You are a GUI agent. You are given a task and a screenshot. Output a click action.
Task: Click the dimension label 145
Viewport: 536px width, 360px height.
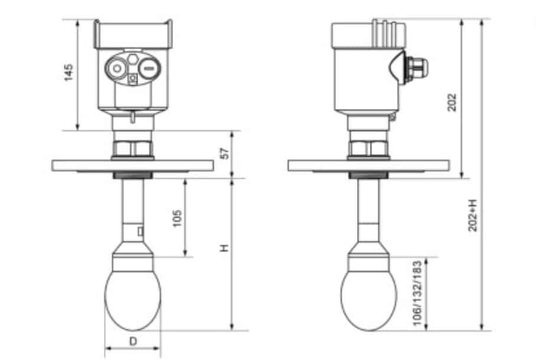click(x=70, y=73)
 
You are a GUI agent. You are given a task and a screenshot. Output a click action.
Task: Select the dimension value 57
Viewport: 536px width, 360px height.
click(x=223, y=153)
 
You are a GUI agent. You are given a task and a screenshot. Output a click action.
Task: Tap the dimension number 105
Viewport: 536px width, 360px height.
click(x=177, y=218)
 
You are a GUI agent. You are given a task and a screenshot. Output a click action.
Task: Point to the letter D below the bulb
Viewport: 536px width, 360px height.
click(x=133, y=341)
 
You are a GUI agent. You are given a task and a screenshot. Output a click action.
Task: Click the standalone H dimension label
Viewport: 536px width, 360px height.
click(x=224, y=249)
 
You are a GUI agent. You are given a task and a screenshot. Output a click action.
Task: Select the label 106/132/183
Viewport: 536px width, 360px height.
click(x=418, y=293)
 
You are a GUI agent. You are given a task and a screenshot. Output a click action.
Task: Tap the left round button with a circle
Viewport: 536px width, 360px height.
click(x=117, y=69)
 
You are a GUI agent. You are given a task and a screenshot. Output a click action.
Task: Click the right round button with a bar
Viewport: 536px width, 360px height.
click(x=148, y=69)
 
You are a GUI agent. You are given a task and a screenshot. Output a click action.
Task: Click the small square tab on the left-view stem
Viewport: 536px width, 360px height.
click(x=140, y=231)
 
